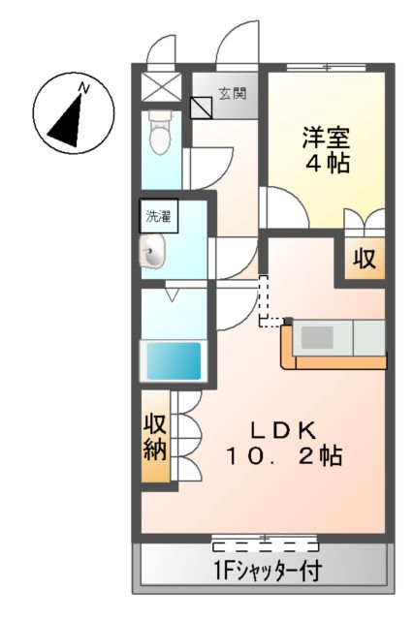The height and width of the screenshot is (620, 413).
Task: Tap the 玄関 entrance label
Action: point(231,94)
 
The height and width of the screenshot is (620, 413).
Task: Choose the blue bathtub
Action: point(173,360)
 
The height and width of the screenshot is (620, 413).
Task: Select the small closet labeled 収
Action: point(364,259)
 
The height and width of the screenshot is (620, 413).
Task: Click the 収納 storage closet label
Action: point(156,437)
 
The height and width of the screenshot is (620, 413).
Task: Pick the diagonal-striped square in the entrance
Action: point(203,105)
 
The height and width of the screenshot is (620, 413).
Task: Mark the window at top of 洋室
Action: point(327,67)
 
